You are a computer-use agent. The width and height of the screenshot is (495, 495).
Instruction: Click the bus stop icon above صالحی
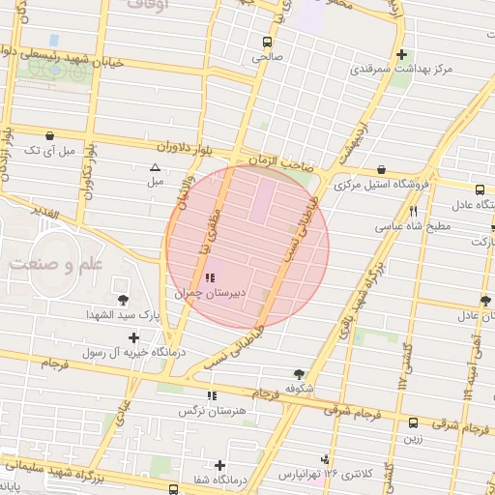pos(266,43)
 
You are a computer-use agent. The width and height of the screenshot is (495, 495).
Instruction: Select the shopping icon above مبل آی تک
pos(48,135)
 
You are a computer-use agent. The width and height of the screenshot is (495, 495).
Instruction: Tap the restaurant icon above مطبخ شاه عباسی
pos(414,211)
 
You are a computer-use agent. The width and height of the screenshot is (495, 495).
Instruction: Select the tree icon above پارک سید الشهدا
pos(123,300)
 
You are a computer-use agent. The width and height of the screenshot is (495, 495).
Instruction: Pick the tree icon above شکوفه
pos(299,373)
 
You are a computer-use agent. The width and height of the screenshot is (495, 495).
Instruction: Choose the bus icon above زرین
pos(414,422)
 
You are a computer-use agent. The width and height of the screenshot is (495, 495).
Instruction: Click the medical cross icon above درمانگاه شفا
pos(220,465)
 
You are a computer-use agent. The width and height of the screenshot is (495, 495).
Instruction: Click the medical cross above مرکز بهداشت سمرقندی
pos(402,55)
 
